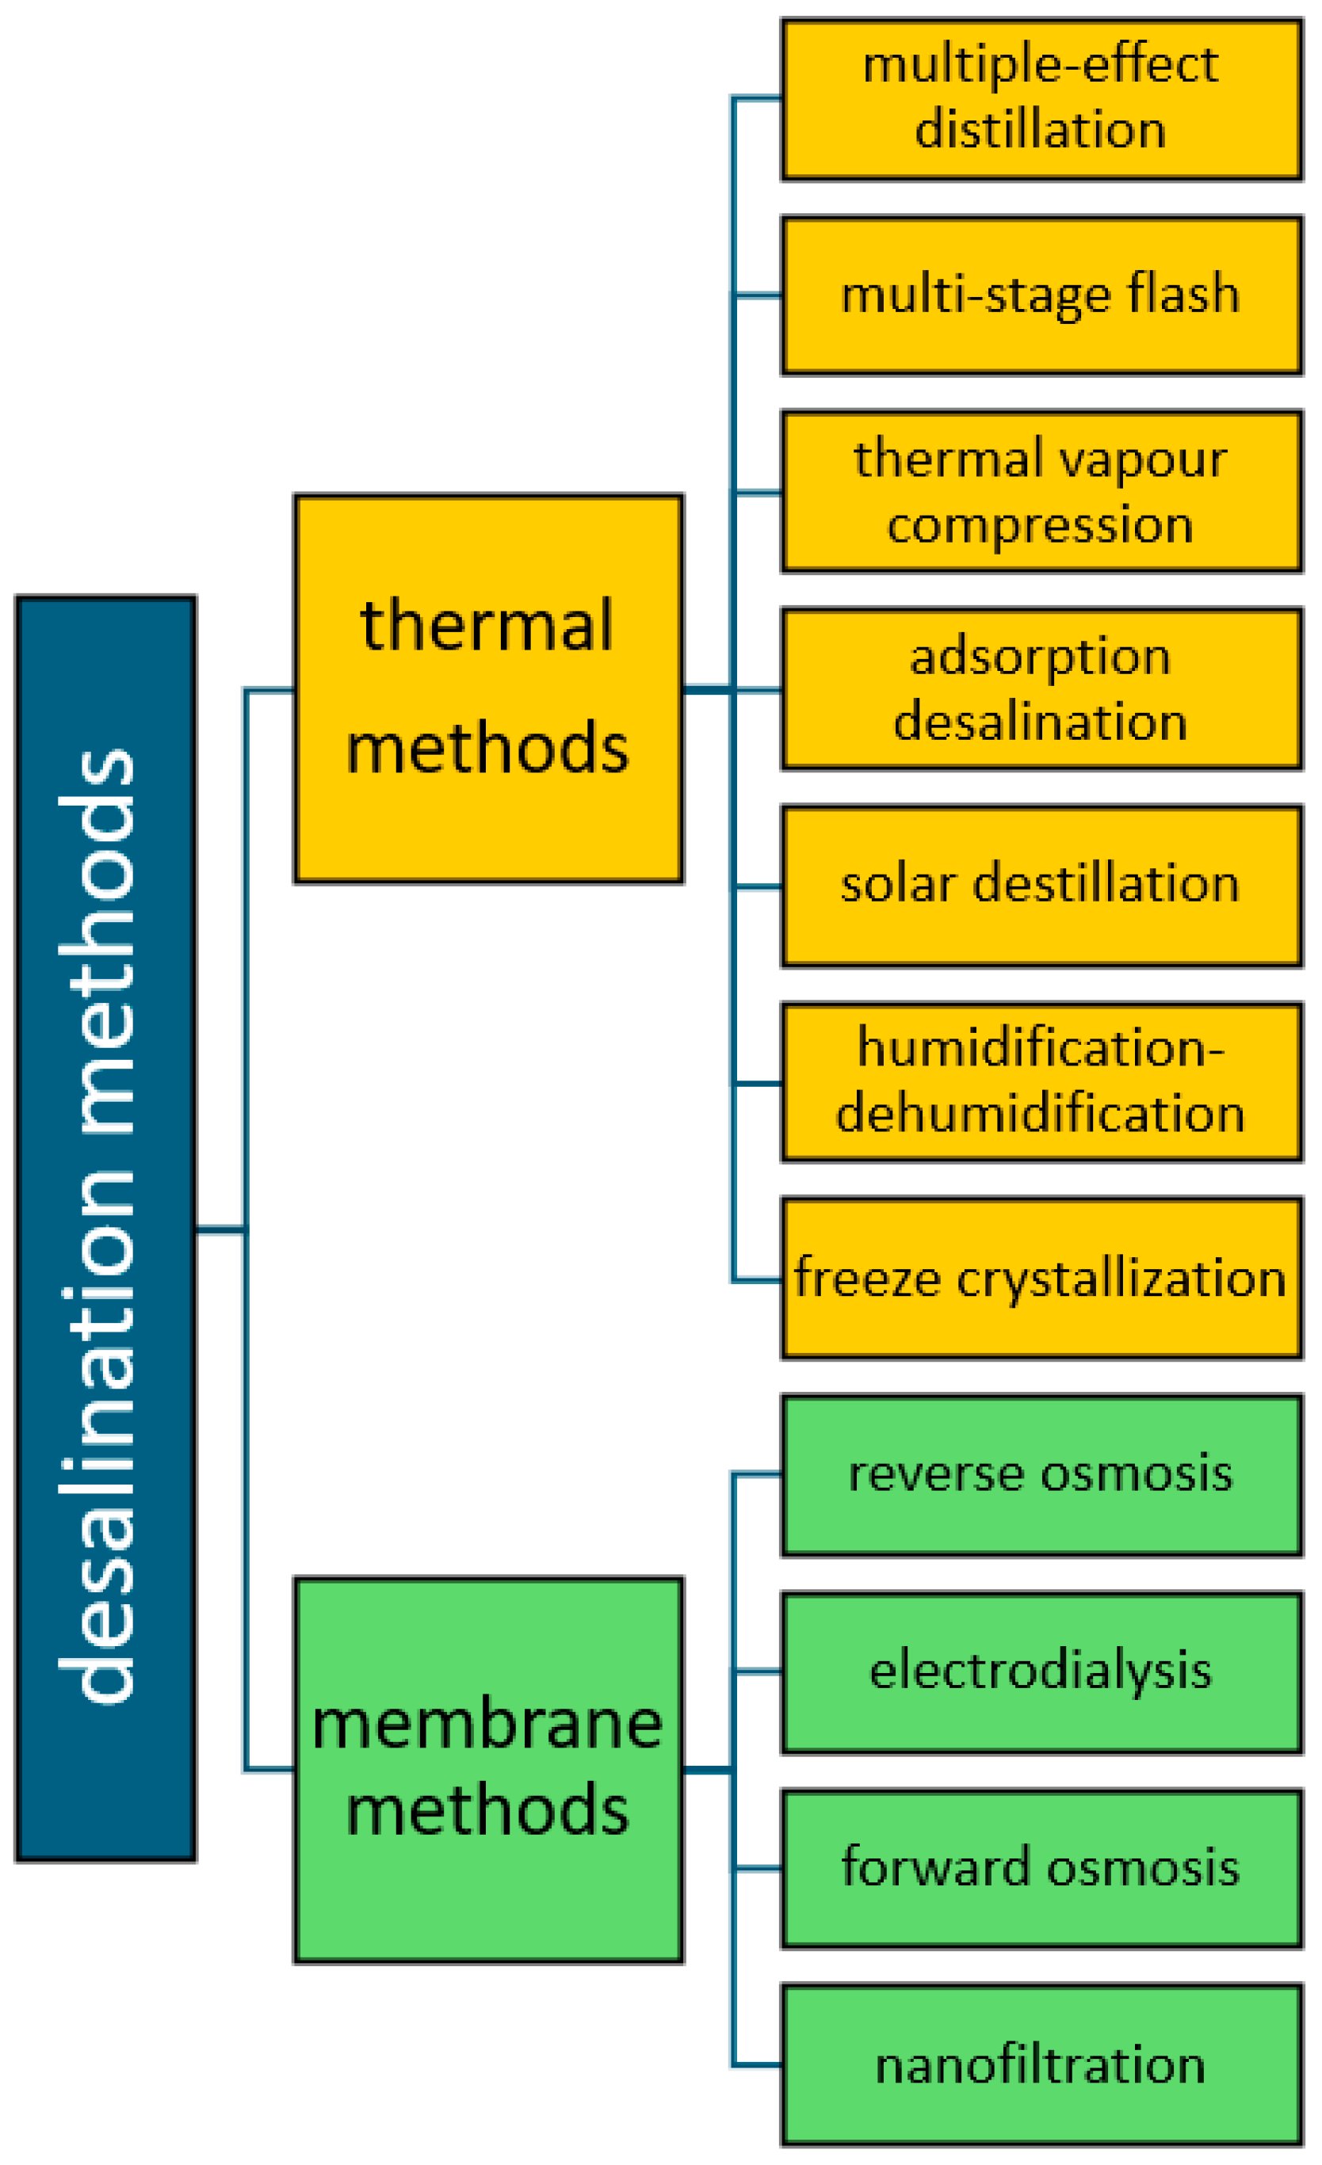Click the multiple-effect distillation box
tap(1041, 99)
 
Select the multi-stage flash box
tap(1041, 295)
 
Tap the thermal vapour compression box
tap(1041, 492)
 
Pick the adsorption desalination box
tap(1041, 690)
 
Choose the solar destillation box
tap(1041, 886)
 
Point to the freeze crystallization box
tap(1041, 1279)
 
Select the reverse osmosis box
tap(1041, 1476)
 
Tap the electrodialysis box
tap(1041, 1673)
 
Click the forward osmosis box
tap(1041, 1869)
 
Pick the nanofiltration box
tap(1041, 2066)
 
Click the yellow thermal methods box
tap(488, 689)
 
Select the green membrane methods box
tap(488, 1770)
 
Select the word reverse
tap(937, 1474)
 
